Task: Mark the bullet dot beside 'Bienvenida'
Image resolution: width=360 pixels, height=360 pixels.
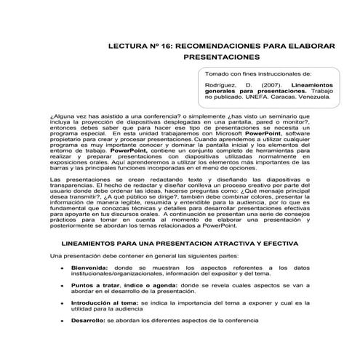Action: point(64,268)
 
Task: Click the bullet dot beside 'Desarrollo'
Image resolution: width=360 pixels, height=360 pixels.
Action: point(64,321)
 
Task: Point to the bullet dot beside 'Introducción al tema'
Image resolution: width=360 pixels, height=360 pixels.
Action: point(64,304)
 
